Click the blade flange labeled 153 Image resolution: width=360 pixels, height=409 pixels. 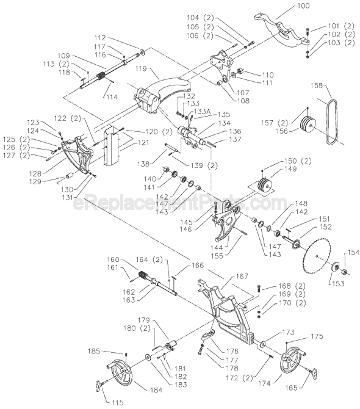[x=334, y=267]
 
